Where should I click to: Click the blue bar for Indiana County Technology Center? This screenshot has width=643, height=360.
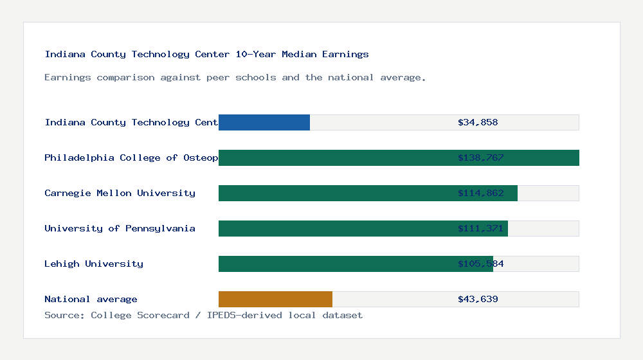point(264,122)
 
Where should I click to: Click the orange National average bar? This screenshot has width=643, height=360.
point(275,299)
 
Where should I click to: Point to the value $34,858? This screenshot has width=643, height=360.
point(478,122)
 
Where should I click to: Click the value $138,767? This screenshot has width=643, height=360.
point(480,157)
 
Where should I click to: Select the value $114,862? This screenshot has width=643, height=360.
point(480,193)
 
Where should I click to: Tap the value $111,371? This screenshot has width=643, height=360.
point(480,228)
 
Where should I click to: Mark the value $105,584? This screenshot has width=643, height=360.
point(480,264)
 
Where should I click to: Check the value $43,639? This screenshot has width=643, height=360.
point(478,299)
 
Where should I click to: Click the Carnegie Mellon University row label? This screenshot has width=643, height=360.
point(120,193)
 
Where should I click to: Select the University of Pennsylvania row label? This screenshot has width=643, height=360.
point(120,228)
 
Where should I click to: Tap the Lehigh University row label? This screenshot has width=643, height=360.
point(94,264)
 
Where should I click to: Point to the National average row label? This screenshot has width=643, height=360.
point(91,299)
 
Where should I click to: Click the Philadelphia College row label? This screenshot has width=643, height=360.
point(131,157)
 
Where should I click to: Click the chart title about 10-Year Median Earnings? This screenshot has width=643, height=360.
point(206,54)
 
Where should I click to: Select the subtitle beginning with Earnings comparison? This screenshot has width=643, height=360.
point(235,77)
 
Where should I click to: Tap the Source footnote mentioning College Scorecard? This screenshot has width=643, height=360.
point(203,315)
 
